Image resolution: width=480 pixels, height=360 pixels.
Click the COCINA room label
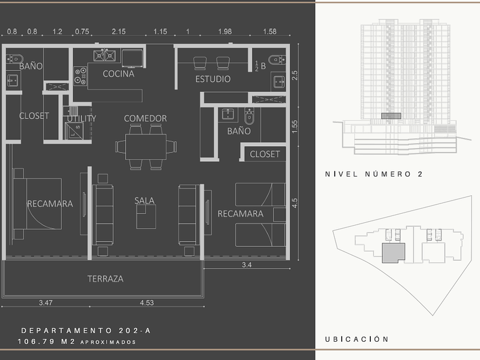point(118,74)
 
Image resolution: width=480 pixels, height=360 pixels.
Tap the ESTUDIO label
point(213,79)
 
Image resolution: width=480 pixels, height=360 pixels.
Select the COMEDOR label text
point(145,118)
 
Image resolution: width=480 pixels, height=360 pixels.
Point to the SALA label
point(145,201)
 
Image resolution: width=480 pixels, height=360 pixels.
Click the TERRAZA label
point(105,279)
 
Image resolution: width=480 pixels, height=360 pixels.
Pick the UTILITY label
point(81,118)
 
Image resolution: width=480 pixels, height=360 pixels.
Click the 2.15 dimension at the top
point(119,31)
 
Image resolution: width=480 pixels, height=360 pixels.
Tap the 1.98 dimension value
point(225,31)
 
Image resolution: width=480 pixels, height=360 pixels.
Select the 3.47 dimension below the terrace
point(46,303)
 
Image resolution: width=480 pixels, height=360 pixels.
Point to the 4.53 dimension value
point(147,303)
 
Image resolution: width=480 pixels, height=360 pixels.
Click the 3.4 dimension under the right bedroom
point(247,265)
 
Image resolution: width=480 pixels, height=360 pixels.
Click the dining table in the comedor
point(146,147)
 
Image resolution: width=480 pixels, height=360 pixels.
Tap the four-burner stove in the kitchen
point(81,76)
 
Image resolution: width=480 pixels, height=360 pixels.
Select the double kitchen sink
point(105,56)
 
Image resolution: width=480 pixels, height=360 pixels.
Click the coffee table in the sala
point(146,217)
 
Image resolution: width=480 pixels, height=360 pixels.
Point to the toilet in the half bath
point(277,59)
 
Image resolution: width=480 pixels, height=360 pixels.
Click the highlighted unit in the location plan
point(393,253)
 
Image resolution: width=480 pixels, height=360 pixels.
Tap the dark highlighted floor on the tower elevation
point(391,116)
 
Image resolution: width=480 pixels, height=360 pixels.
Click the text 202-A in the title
point(135,331)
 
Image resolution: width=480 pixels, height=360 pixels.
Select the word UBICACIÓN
point(357,339)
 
